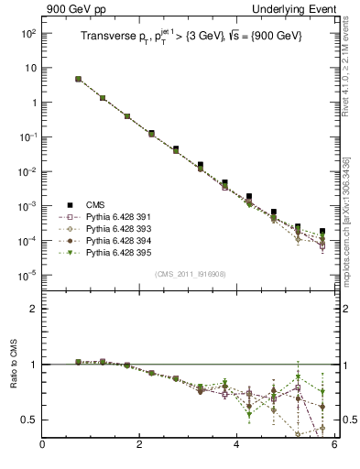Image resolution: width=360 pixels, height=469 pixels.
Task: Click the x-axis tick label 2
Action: pos(139,445)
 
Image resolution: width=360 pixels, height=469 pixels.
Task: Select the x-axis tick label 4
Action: pos(236,445)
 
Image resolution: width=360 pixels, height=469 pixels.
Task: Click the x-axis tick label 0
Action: pos(42,445)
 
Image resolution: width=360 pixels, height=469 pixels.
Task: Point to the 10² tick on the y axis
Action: pos(27,33)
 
